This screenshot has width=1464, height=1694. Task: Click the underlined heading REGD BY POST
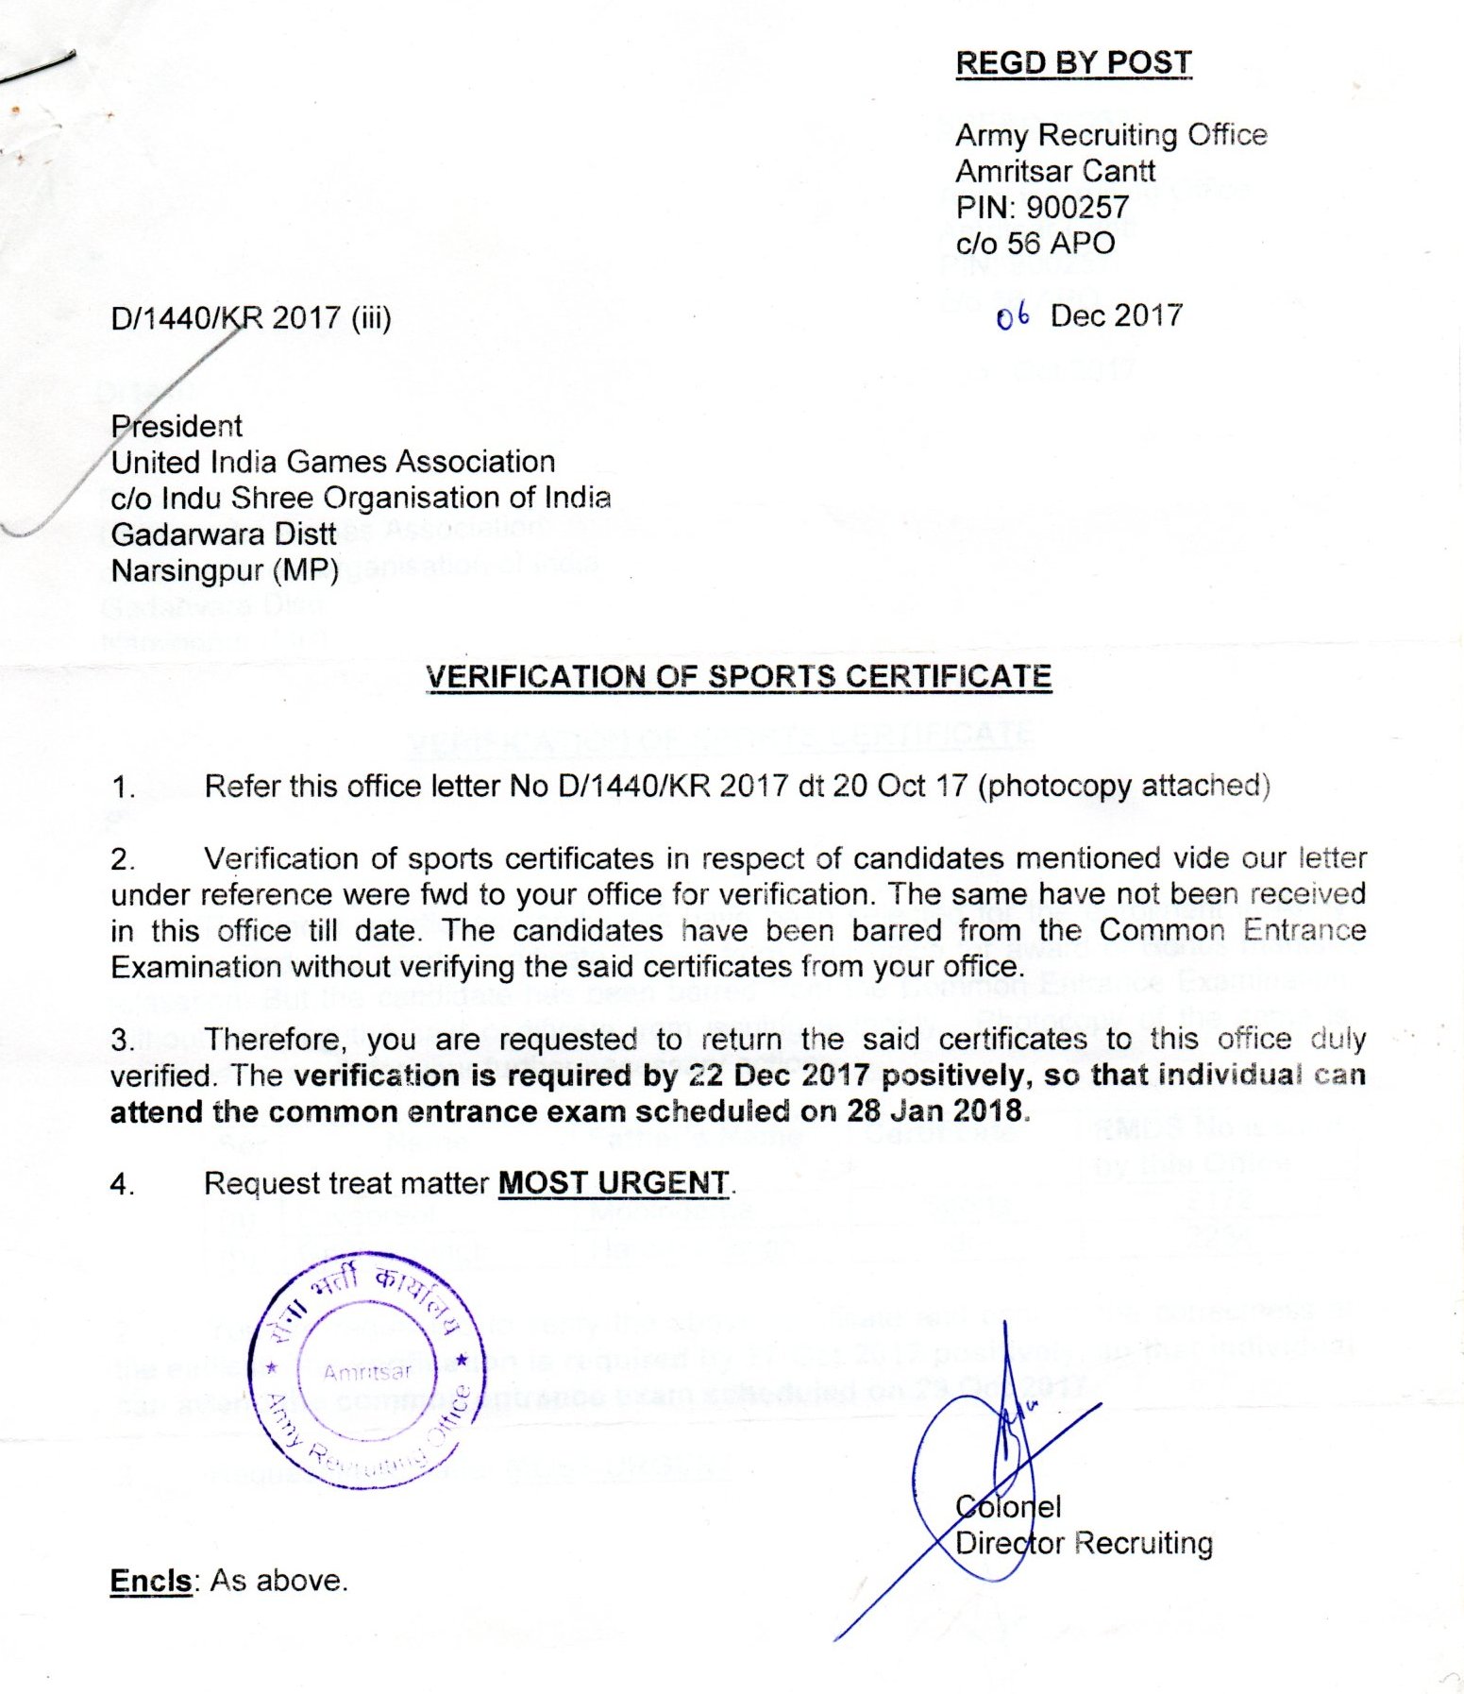(x=1073, y=62)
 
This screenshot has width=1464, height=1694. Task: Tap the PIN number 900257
(x=1077, y=207)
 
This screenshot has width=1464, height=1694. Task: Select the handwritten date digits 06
(x=1012, y=316)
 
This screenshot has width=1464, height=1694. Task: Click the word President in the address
(x=177, y=426)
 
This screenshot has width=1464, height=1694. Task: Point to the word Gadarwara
(x=177, y=534)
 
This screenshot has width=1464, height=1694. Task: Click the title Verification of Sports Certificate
(x=738, y=676)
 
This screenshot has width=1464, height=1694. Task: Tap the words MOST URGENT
(x=614, y=1182)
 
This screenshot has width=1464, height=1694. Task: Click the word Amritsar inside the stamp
(x=368, y=1371)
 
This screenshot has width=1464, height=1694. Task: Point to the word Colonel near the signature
(x=1008, y=1506)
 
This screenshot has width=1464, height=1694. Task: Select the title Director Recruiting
(x=1084, y=1543)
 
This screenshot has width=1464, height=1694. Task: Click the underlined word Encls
(x=151, y=1580)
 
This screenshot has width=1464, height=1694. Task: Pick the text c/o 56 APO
(x=1035, y=243)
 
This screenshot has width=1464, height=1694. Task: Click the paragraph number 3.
(x=122, y=1040)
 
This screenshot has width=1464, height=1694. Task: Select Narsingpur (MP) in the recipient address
(x=225, y=570)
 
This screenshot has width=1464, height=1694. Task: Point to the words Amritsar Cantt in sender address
(x=1054, y=171)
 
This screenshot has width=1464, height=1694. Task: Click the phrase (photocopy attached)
(x=1123, y=786)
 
